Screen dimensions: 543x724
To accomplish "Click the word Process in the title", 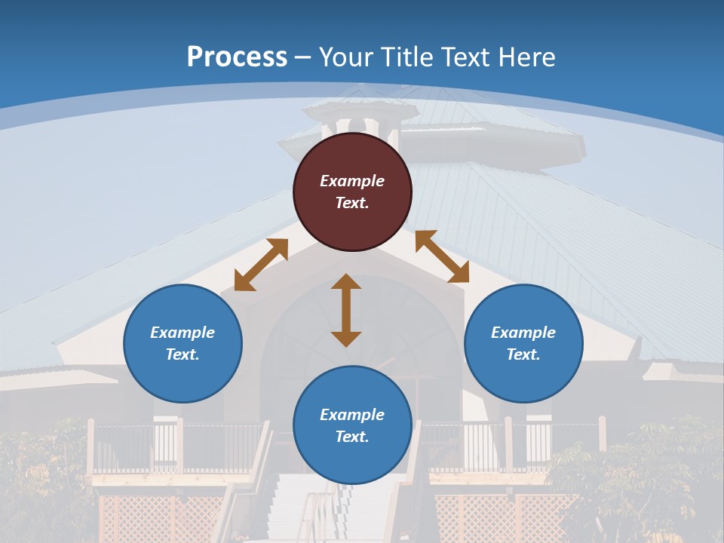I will pos(237,57).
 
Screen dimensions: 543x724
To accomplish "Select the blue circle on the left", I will pos(183,370).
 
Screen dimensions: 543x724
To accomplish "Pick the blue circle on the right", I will pos(523,370).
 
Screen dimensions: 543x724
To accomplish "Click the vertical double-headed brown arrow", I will pos(346,310).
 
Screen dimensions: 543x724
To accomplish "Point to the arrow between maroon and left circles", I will pos(261,264).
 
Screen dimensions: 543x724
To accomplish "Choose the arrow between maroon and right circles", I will pos(442,257).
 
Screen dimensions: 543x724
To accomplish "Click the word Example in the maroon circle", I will pos(352,181).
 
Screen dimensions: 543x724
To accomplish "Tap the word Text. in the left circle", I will pos(183,354).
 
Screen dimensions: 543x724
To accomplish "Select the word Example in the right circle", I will pos(523,333).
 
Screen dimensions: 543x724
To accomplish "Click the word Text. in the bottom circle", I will pos(352,437).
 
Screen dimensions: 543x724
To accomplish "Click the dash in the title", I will pos(303,57).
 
